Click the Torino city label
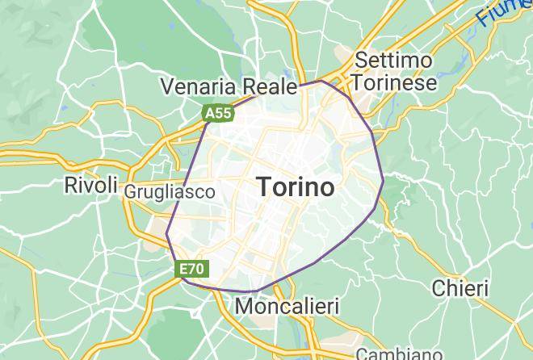pyautogui.click(x=296, y=187)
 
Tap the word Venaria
pyautogui.click(x=197, y=86)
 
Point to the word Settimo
pyautogui.click(x=393, y=61)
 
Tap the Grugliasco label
pyautogui.click(x=170, y=192)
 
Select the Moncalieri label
pyautogui.click(x=287, y=307)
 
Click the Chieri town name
pyautogui.click(x=460, y=288)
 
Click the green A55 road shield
pyautogui.click(x=218, y=115)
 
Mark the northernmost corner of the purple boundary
pyautogui.click(x=321, y=81)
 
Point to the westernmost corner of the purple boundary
pyautogui.click(x=166, y=234)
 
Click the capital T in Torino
pyautogui.click(x=266, y=187)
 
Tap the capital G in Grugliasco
pyautogui.click(x=130, y=192)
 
